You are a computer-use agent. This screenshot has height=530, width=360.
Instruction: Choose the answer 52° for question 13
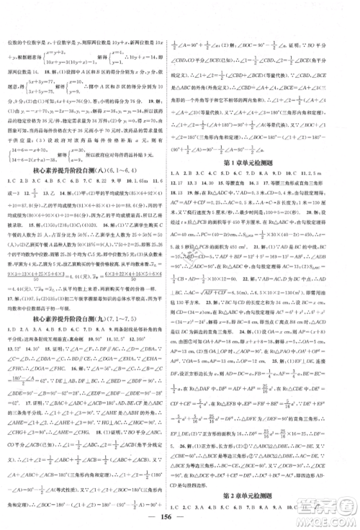pyautogui.click(x=14, y=308)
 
